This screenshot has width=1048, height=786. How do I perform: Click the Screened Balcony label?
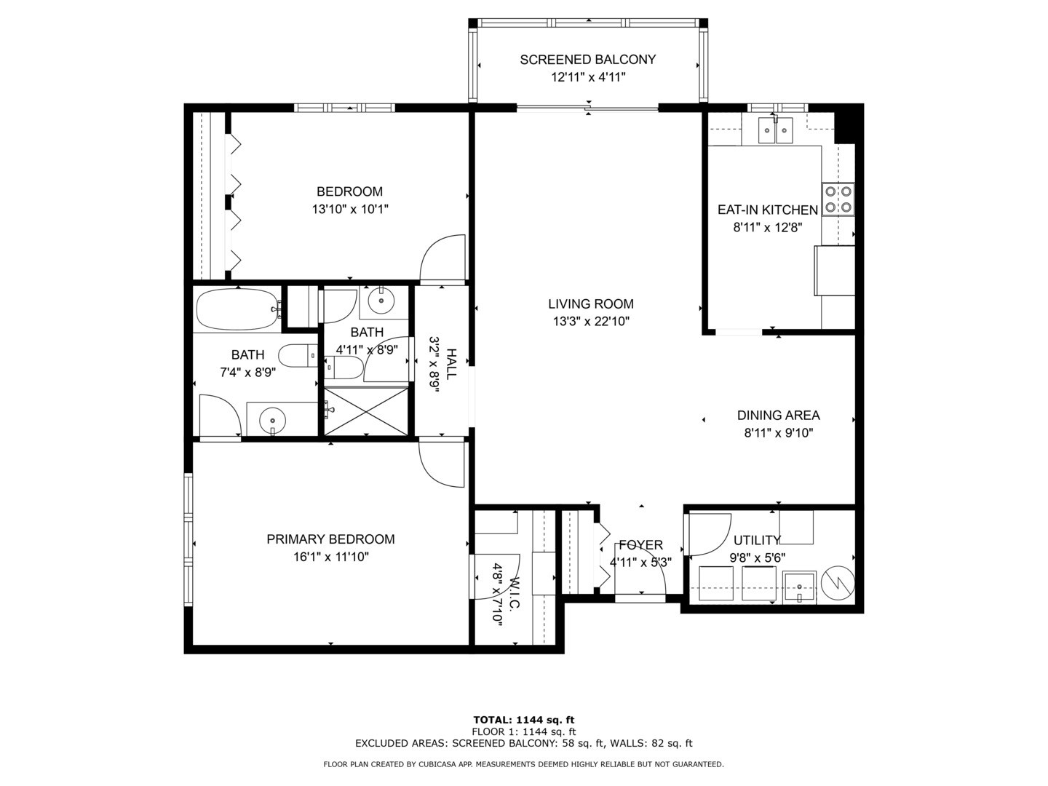tap(587, 60)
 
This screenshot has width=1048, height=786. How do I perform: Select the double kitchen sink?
tap(774, 131)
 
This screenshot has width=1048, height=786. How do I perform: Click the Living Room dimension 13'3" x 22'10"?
tap(590, 321)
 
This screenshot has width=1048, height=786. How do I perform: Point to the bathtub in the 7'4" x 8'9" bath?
tap(237, 310)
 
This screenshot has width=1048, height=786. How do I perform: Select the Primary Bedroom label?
tap(330, 539)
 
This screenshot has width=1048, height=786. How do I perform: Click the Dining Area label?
tap(778, 416)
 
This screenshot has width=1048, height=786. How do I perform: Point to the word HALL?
tap(452, 364)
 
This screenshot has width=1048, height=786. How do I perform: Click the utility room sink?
tap(798, 587)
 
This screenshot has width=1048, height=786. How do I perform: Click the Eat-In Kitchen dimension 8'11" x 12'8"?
tap(767, 227)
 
